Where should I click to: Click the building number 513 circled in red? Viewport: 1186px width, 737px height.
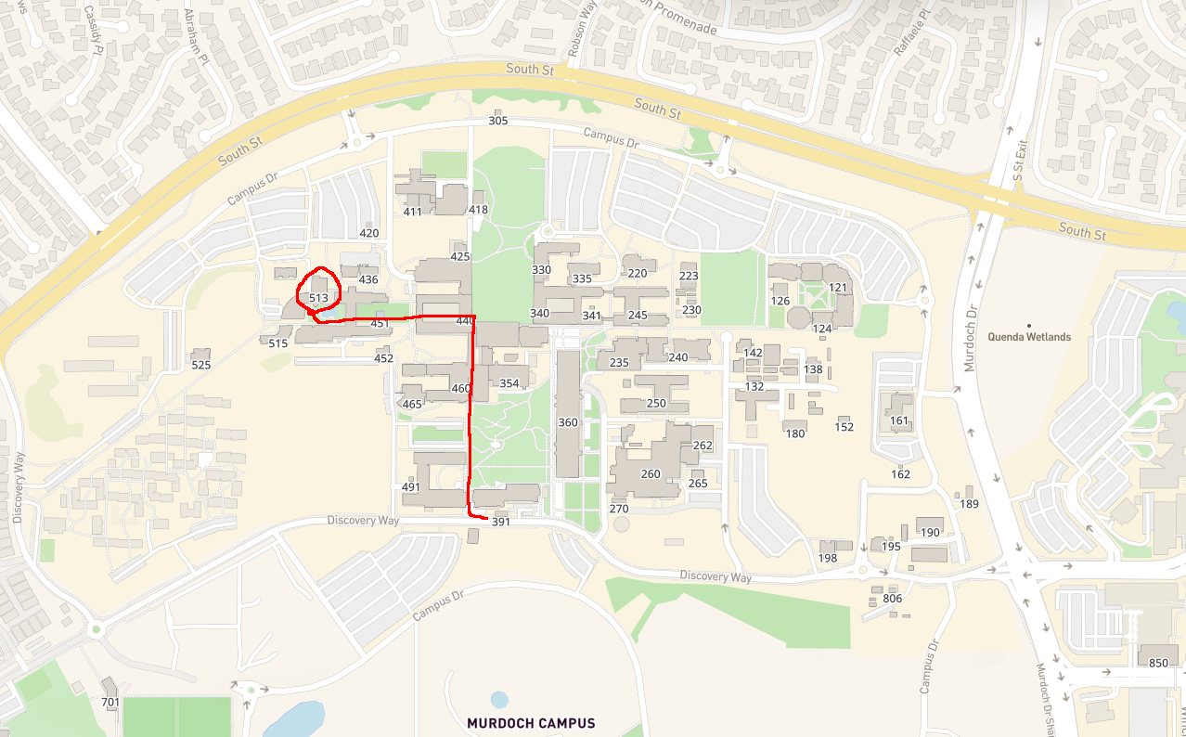click(318, 298)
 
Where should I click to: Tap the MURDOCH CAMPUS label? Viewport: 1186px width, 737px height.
click(531, 723)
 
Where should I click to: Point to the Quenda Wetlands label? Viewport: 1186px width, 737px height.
click(1029, 337)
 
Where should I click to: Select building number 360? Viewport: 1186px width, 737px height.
click(568, 422)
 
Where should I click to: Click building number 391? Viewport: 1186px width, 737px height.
click(501, 523)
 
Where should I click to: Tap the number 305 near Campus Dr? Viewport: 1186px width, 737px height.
click(498, 121)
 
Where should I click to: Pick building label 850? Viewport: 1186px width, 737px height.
click(1158, 663)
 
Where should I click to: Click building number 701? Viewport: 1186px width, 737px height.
click(110, 702)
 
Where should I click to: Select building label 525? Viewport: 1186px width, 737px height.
click(200, 365)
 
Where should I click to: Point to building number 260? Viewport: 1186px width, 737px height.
click(651, 474)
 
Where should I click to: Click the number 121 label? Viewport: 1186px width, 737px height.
click(838, 288)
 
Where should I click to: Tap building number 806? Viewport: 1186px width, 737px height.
click(893, 599)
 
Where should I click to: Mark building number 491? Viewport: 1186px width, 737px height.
click(411, 487)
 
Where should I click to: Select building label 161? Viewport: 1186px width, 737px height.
click(899, 420)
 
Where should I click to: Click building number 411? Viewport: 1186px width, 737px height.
click(413, 212)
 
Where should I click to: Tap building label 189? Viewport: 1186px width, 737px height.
click(970, 504)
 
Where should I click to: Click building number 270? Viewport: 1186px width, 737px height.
click(619, 509)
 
